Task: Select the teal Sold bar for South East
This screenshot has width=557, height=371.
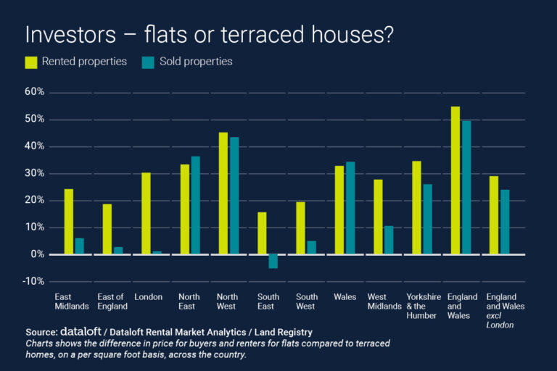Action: click(273, 261)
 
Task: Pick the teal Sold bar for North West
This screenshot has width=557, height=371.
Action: click(234, 196)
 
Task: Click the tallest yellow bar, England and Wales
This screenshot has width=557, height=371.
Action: click(455, 180)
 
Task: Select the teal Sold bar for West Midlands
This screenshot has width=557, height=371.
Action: click(389, 240)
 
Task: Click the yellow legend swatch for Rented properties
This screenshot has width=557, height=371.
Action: click(32, 62)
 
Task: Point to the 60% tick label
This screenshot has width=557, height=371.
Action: click(35, 92)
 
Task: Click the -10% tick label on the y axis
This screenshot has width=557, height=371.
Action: click(33, 281)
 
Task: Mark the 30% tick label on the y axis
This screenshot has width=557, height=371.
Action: click(35, 173)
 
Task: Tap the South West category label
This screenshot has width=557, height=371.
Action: click(305, 301)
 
